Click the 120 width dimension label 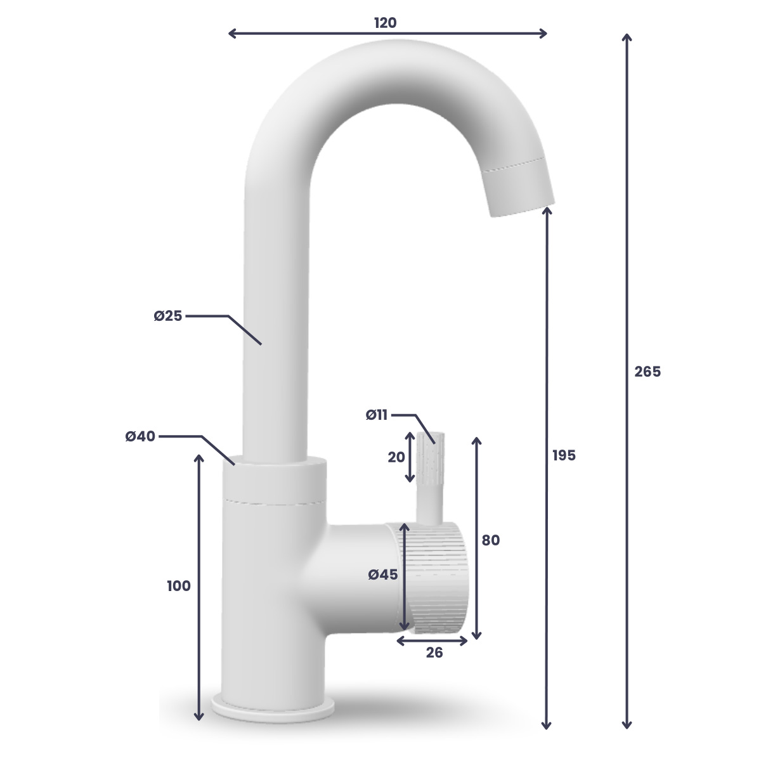tap(385, 23)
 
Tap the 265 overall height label tap(647, 372)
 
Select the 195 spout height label tap(564, 455)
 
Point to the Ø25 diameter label tap(168, 316)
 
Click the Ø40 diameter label tap(140, 436)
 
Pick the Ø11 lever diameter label tap(376, 415)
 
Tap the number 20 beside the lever tap(396, 457)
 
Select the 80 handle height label tap(490, 540)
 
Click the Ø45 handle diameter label tap(382, 575)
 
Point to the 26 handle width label tap(434, 653)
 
